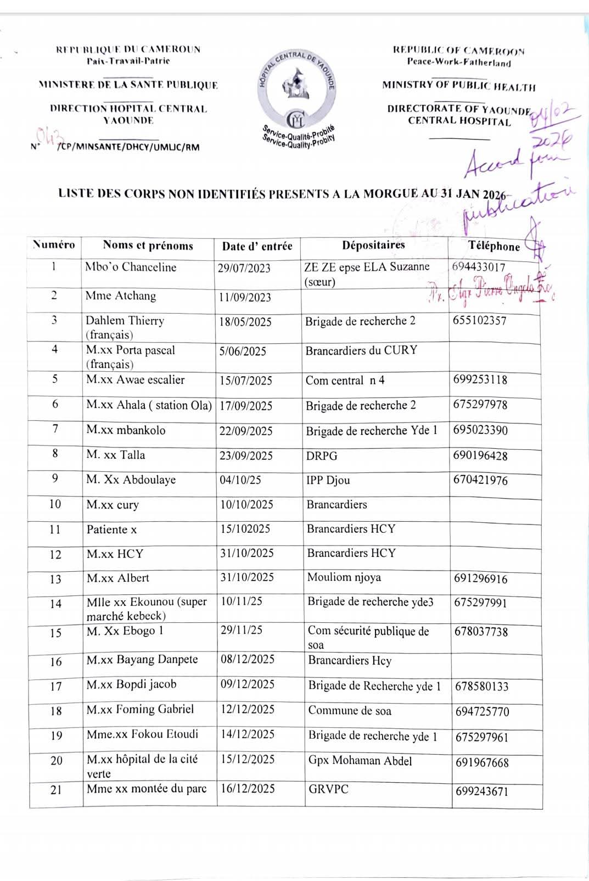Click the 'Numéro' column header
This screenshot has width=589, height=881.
click(x=54, y=245)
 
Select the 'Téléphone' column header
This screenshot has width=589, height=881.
click(x=493, y=246)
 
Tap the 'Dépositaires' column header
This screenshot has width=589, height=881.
click(x=373, y=245)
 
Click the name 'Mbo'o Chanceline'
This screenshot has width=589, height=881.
click(x=131, y=267)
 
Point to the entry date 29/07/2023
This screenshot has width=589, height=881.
click(x=244, y=268)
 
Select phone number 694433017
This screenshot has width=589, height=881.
click(x=479, y=267)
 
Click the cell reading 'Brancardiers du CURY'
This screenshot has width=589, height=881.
click(x=361, y=350)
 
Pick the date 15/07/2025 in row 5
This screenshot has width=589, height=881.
click(x=245, y=381)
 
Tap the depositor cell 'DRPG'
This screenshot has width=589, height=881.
click(x=322, y=456)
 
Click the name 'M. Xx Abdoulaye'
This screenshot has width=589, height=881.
click(x=131, y=479)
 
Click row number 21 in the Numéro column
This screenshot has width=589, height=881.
click(x=56, y=790)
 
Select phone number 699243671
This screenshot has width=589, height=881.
click(x=481, y=791)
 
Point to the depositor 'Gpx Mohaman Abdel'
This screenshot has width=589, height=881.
click(x=360, y=761)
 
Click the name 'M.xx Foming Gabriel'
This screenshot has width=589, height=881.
click(x=140, y=709)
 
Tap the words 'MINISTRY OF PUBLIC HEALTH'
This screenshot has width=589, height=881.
click(x=458, y=86)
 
